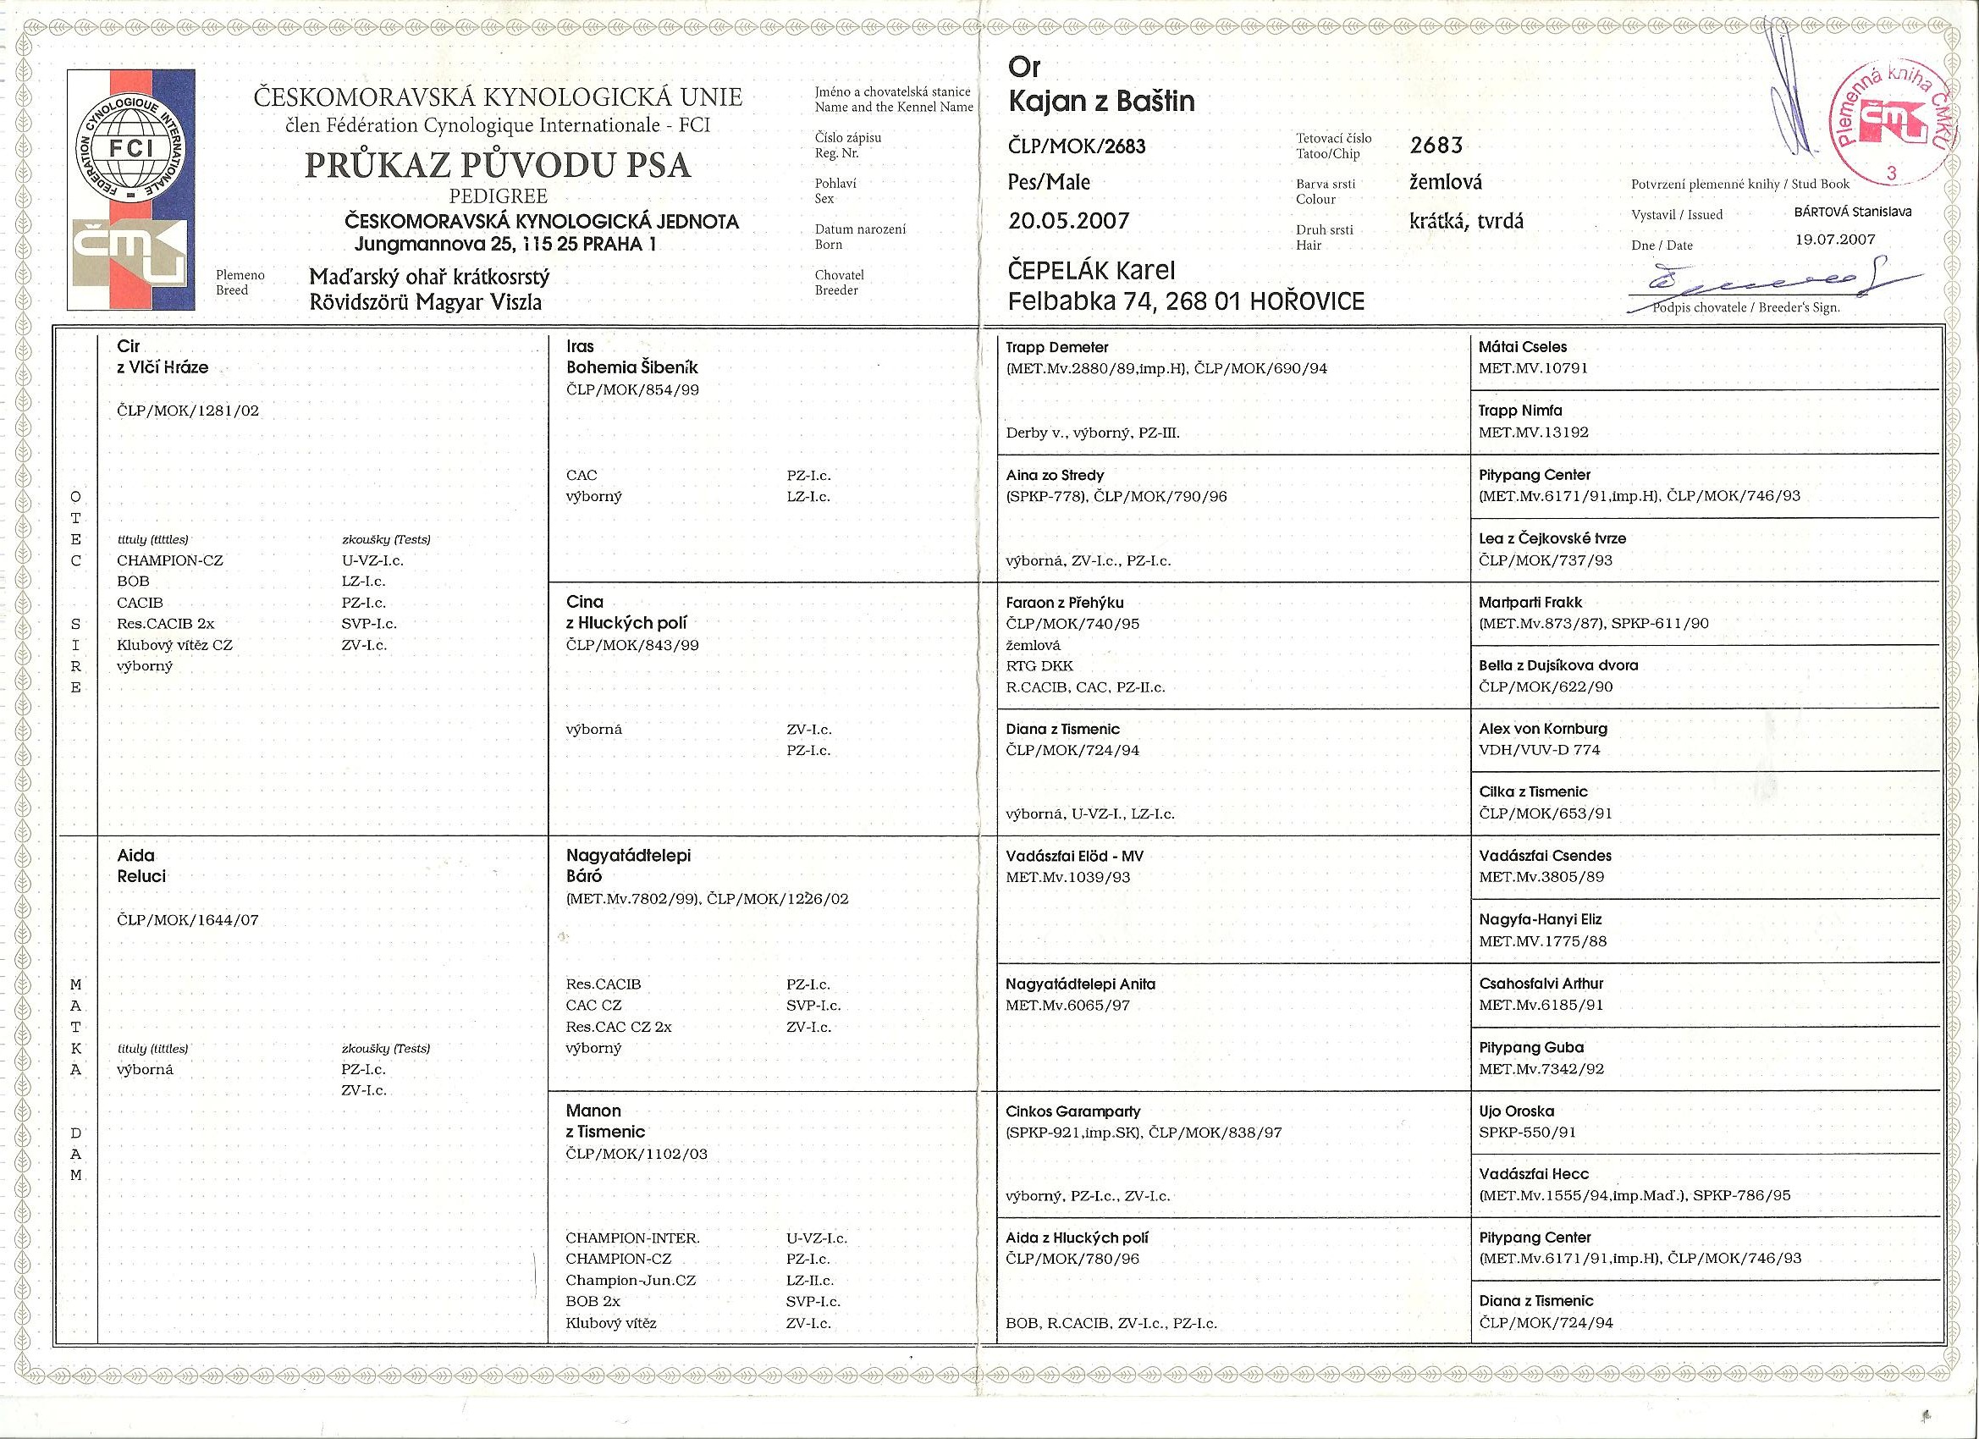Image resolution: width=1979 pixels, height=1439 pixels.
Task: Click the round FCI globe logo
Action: point(131,148)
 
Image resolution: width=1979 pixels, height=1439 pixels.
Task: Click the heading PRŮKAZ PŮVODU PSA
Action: point(498,165)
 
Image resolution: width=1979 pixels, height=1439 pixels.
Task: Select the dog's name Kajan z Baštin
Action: point(1101,102)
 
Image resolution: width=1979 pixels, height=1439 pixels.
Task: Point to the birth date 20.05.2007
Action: point(1068,221)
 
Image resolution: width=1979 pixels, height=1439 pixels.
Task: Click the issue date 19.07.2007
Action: point(1834,239)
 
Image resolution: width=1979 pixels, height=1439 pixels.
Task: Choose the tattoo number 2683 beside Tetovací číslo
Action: point(1436,145)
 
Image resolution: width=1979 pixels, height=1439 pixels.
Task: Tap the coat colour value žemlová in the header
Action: point(1445,182)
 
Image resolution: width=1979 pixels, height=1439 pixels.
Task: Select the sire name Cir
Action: point(129,346)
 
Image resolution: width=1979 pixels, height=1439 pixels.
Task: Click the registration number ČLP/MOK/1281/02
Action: point(188,411)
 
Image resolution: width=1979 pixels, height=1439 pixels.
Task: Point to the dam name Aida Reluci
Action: point(141,866)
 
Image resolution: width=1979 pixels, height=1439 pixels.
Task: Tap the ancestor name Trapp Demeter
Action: point(1056,347)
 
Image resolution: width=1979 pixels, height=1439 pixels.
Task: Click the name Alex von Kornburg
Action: point(1542,729)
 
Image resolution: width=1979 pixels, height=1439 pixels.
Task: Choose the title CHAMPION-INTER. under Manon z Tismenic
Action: point(631,1238)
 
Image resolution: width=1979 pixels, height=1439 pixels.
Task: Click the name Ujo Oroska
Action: point(1516,1111)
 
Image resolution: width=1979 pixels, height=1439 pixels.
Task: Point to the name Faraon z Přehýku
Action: point(1064,602)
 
